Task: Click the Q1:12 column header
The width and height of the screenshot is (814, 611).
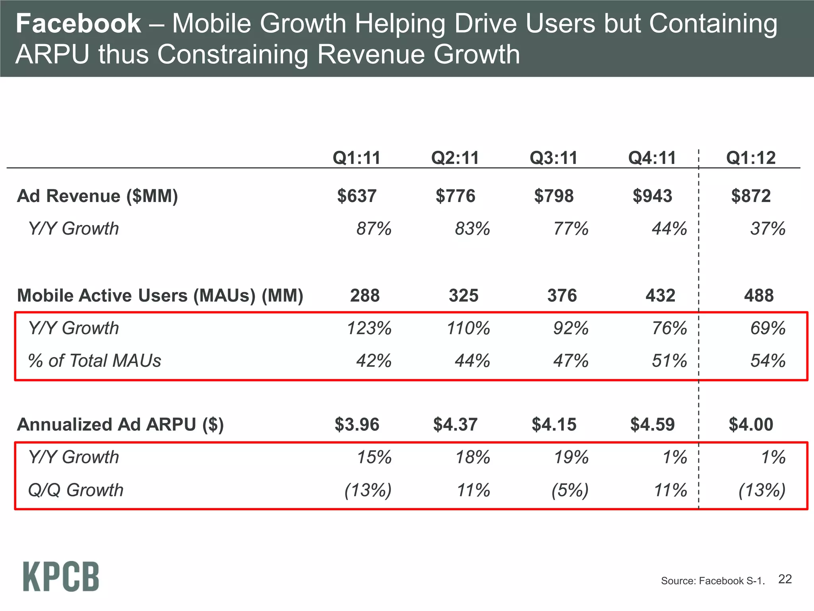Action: (x=750, y=158)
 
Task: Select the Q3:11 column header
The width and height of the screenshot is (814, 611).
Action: (x=553, y=158)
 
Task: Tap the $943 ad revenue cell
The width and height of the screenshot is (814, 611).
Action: (x=652, y=196)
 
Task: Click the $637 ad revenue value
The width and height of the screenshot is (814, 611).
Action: (x=357, y=196)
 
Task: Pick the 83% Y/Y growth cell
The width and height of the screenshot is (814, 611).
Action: (x=472, y=229)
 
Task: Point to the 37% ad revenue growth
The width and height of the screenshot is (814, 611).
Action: (x=767, y=229)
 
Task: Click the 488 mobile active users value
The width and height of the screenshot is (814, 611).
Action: (x=759, y=296)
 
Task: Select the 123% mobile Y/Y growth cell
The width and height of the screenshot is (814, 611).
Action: (x=369, y=329)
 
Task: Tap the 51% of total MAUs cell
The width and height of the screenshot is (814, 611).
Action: (x=669, y=361)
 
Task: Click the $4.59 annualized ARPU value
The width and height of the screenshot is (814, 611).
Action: (x=652, y=424)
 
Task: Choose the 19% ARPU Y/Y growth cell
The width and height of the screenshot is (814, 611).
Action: (x=571, y=457)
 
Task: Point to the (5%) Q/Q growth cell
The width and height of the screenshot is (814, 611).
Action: (x=570, y=490)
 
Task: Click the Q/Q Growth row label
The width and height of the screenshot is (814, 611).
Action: (x=76, y=490)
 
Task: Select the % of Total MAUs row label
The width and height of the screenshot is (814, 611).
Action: (x=94, y=361)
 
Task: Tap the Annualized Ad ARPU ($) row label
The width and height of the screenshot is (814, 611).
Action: (x=120, y=424)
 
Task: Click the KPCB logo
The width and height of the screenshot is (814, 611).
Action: (x=61, y=577)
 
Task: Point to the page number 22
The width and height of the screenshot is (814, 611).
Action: (x=785, y=579)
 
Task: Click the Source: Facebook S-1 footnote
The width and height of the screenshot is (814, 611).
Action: (x=712, y=581)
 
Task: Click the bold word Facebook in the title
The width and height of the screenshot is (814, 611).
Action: (x=78, y=24)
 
